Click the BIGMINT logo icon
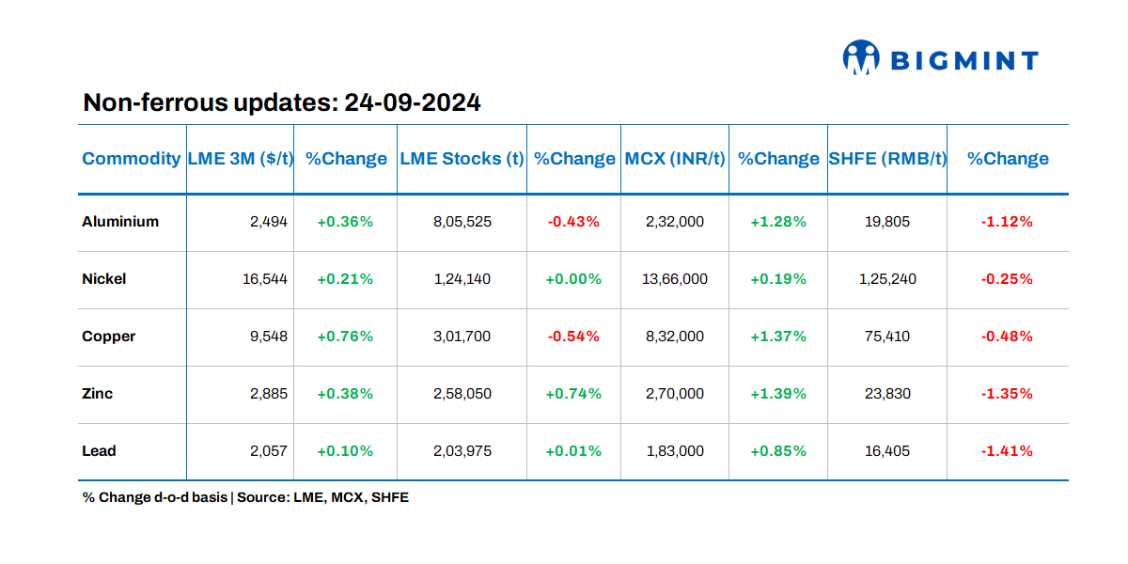(x=860, y=57)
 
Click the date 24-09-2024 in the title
(x=413, y=102)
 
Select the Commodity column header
(x=131, y=159)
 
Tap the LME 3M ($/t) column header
(x=240, y=159)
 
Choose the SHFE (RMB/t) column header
(x=886, y=159)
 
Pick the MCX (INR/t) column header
(x=674, y=159)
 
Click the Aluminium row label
(x=120, y=222)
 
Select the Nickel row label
(x=104, y=279)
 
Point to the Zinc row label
(x=98, y=394)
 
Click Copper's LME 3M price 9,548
(x=269, y=337)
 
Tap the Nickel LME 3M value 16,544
(x=264, y=279)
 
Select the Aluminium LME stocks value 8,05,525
(x=462, y=222)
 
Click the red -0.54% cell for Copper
(x=573, y=337)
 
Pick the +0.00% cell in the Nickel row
(x=573, y=279)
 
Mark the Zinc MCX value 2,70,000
(x=675, y=394)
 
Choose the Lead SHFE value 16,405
(x=886, y=451)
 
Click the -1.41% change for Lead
(x=1007, y=451)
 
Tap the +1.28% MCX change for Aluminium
(x=777, y=222)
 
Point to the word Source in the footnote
(x=262, y=497)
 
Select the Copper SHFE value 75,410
(x=886, y=337)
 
